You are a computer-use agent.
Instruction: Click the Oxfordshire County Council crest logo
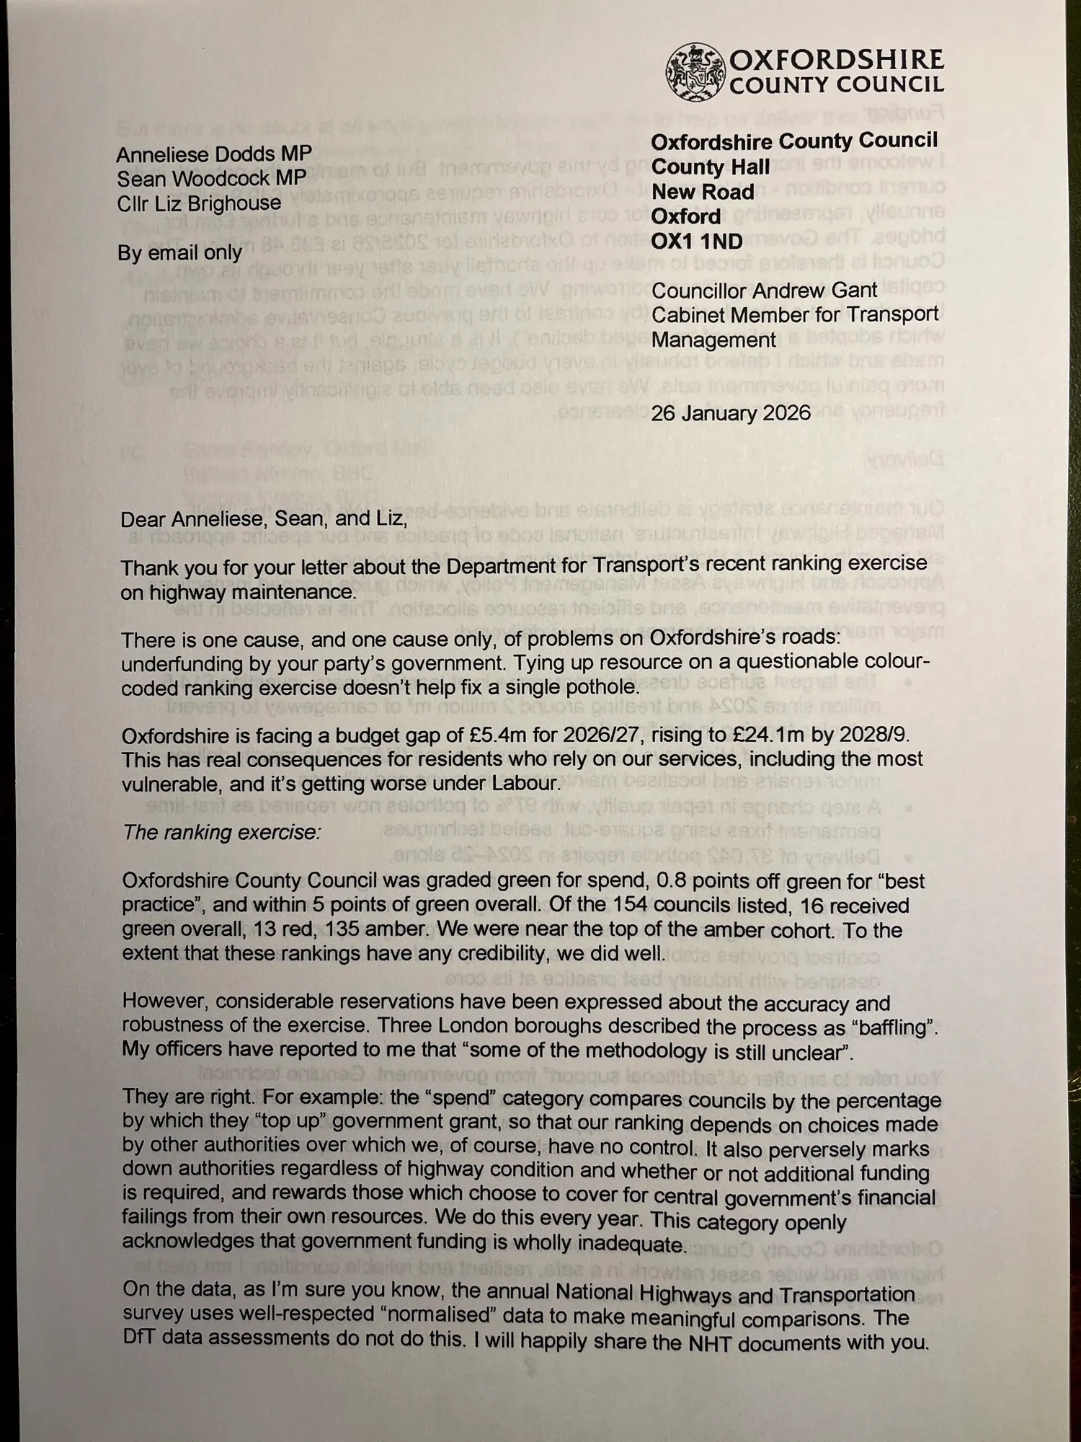(695, 72)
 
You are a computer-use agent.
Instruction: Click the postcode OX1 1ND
(696, 241)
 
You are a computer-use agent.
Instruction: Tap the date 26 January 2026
(731, 413)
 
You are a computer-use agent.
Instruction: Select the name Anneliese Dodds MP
(214, 154)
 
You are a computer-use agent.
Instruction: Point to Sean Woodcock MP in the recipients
(211, 179)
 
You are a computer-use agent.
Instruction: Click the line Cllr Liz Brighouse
(199, 204)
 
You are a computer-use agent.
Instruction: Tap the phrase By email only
(179, 253)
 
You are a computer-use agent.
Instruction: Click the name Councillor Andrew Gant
(764, 291)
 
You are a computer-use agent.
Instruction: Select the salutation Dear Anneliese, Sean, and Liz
(264, 519)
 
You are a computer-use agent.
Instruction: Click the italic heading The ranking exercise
(221, 833)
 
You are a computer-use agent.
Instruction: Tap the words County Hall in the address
(711, 167)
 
